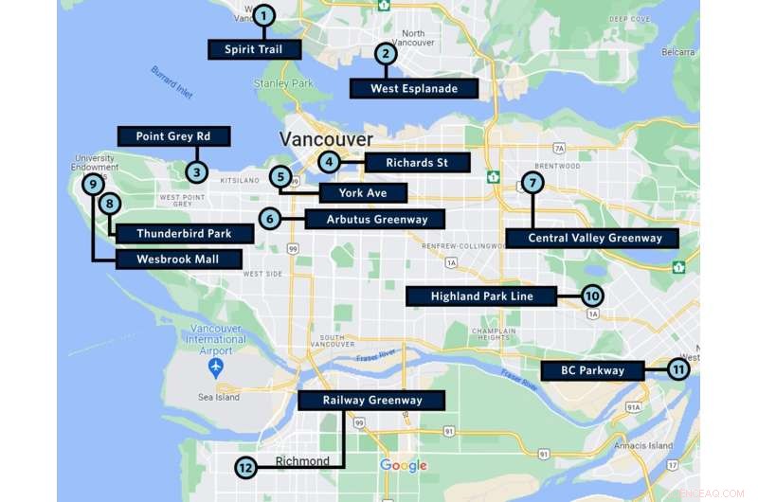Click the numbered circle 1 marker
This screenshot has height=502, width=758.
(x=264, y=14)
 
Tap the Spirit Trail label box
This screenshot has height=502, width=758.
(x=254, y=49)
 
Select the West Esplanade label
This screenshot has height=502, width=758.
(x=414, y=89)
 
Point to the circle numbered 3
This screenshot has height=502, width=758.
(x=196, y=171)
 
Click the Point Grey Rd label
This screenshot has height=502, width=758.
(x=173, y=136)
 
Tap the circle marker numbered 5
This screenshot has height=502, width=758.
(x=280, y=176)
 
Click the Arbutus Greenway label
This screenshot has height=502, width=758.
(x=374, y=220)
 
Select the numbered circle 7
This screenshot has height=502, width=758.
(x=533, y=182)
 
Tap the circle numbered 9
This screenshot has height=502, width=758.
(x=93, y=184)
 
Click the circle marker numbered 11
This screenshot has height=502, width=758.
(x=678, y=369)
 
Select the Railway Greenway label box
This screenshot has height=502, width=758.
(x=372, y=401)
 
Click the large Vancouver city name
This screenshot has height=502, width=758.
(x=326, y=139)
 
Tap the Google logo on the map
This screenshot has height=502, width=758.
(x=404, y=465)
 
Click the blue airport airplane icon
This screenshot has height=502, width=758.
(x=218, y=366)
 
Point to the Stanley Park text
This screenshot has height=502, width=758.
(x=284, y=83)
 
